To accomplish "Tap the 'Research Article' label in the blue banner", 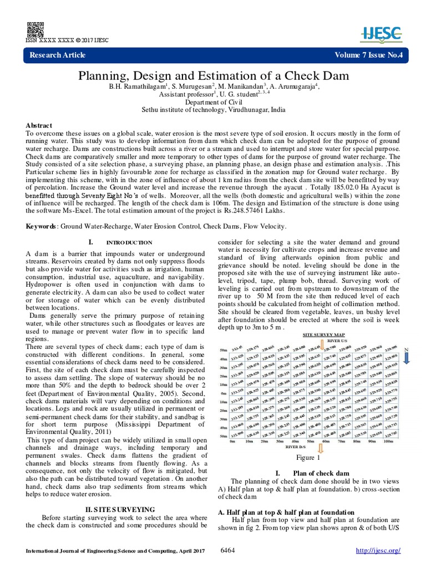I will pos(57,55).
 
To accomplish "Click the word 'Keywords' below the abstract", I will pos(40,226).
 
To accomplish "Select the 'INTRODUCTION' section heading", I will pos(129,242).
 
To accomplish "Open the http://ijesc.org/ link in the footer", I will pos(377,550).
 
